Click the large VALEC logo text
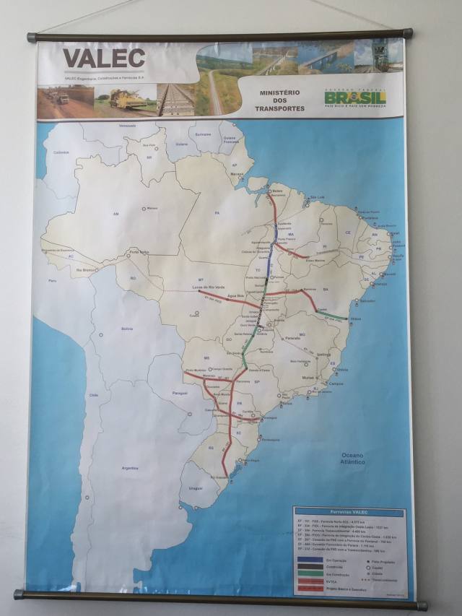click(x=104, y=58)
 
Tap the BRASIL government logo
click(x=355, y=97)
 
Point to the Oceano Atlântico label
click(x=353, y=458)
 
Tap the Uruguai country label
click(x=196, y=489)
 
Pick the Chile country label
click(x=93, y=395)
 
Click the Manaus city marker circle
click(x=144, y=209)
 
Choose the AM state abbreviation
click(x=115, y=214)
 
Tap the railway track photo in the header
click(x=176, y=100)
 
